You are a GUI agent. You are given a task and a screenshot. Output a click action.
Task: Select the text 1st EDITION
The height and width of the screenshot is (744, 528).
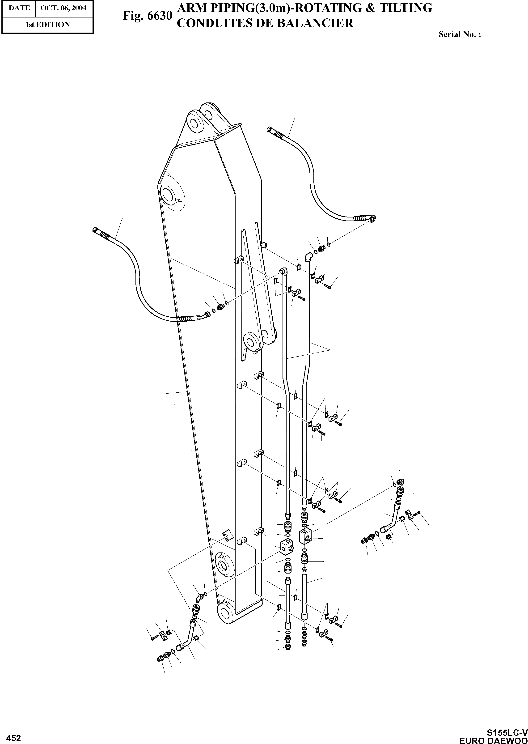[47, 25]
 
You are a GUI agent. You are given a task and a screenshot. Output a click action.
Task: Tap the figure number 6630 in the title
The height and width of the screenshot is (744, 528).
[159, 16]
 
